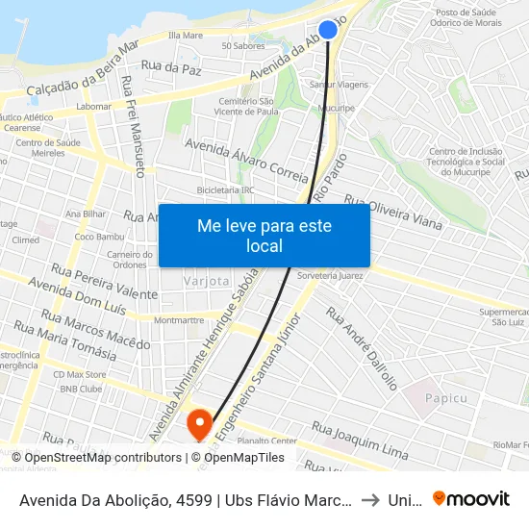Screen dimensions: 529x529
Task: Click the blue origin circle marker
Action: (328, 30)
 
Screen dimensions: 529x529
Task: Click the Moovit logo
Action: (471, 498)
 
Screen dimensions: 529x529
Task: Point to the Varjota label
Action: (207, 281)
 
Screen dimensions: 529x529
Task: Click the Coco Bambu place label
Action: (96, 237)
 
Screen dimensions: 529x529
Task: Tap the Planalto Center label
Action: (266, 441)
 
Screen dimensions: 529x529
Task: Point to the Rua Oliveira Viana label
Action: (392, 214)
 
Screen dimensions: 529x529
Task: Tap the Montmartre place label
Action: (179, 320)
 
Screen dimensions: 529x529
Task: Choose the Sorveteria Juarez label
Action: (330, 275)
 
